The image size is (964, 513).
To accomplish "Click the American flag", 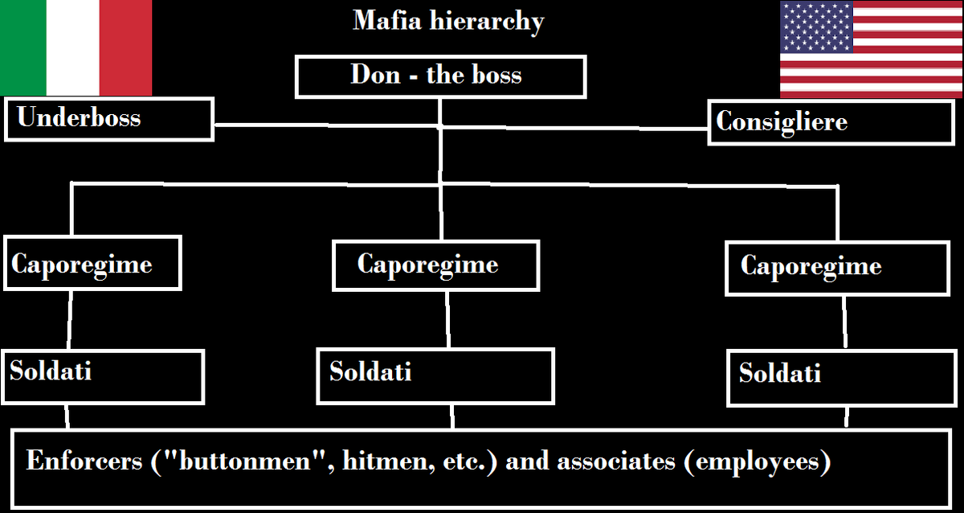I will [x=871, y=49].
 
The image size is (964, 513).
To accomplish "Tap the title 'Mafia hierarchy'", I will [x=448, y=21].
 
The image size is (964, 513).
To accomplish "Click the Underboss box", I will [x=108, y=119].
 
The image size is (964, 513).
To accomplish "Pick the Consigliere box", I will [x=830, y=122].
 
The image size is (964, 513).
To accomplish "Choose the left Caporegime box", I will [x=92, y=263].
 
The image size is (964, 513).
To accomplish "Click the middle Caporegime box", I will [x=435, y=265].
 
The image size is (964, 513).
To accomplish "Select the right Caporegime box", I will [x=837, y=268].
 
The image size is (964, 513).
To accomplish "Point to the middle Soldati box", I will [x=435, y=376].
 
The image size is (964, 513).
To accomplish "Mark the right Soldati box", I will [x=835, y=376].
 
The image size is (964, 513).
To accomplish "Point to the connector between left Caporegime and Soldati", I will [x=70, y=320].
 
